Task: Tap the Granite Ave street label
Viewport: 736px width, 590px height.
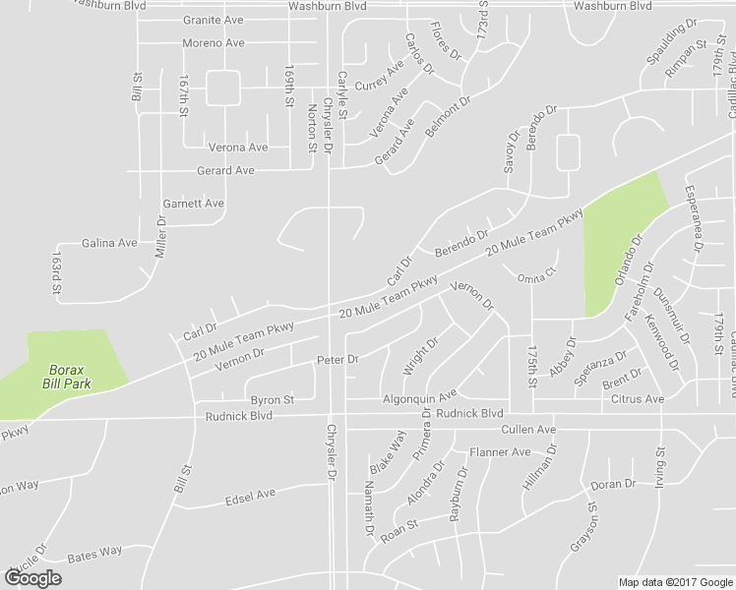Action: pos(214,20)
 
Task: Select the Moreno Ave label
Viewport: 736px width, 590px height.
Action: pos(214,43)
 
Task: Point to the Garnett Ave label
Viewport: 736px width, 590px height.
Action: pos(193,204)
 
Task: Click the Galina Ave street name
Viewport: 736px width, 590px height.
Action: pos(108,243)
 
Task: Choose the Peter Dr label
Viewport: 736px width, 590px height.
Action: pos(337,360)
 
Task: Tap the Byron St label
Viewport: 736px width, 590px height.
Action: pos(272,400)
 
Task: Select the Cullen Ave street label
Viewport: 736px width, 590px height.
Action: pos(528,431)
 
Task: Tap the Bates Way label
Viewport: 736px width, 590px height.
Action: pos(94,553)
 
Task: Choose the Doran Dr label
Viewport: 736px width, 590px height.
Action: pos(614,485)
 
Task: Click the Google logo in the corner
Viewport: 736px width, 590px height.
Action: pos(33,578)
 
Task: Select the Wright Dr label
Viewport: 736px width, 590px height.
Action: pos(420,357)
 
